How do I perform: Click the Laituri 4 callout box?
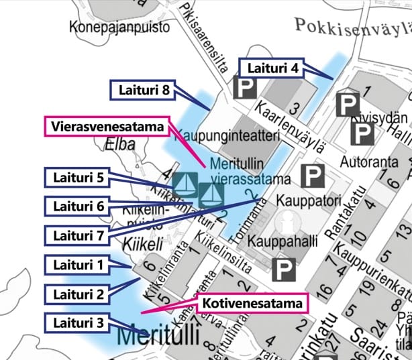pyautogui.click(x=272, y=68)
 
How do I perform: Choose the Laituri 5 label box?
pyautogui.click(x=76, y=178)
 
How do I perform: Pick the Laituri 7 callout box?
pyautogui.click(x=76, y=235)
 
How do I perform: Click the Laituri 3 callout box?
pyautogui.click(x=76, y=321)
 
